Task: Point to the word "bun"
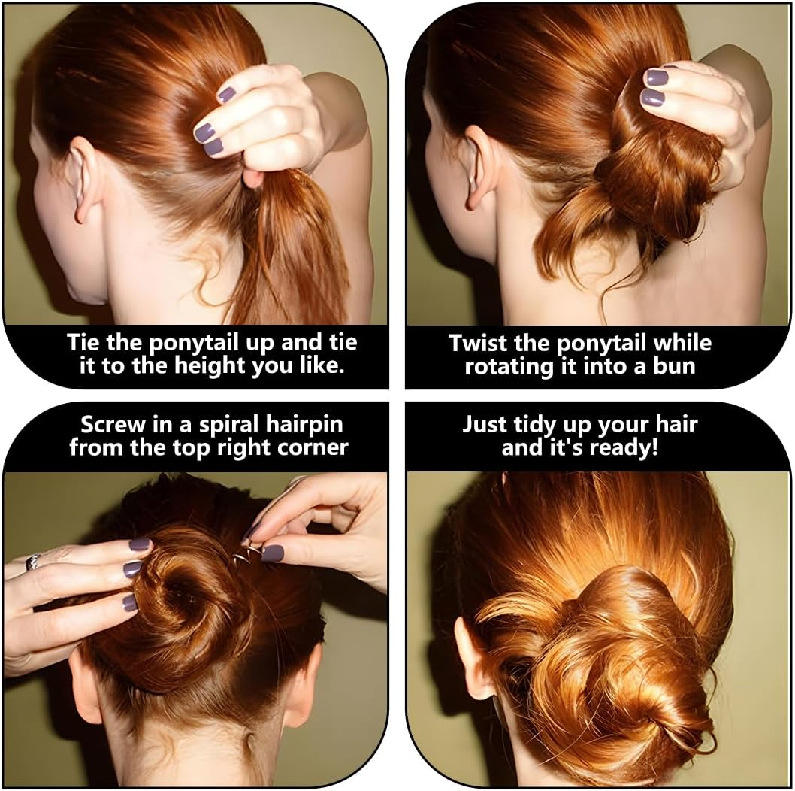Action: tap(674, 366)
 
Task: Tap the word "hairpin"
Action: tap(304, 425)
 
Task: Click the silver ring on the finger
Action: tap(33, 562)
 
